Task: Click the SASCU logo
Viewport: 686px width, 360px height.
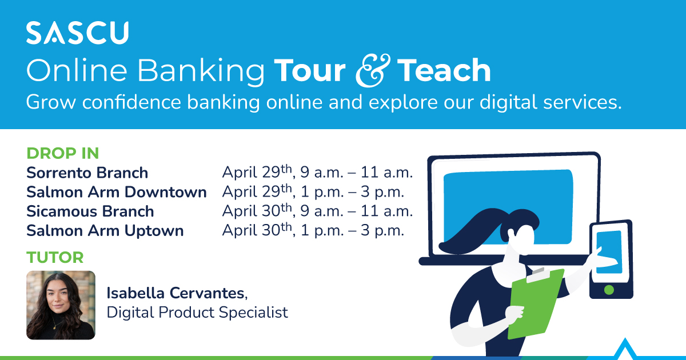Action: pos(77,34)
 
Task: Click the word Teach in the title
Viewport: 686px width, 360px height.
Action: pos(444,71)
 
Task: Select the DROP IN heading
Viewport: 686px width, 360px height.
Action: pos(63,153)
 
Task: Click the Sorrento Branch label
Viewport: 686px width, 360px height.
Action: pos(87,173)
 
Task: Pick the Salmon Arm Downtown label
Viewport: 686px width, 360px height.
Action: pos(116,192)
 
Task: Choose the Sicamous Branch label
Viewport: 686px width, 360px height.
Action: pos(90,211)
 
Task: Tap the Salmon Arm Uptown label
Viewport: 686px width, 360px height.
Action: pos(105,231)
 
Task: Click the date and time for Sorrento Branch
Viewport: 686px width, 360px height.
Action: pos(317,173)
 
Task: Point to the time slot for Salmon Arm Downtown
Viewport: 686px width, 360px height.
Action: pos(313,192)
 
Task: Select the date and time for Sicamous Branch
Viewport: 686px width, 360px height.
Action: pos(317,211)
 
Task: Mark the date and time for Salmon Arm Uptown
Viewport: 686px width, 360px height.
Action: pos(313,231)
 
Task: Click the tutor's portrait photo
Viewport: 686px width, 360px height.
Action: pos(61,305)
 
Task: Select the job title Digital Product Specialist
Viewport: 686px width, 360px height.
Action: pos(197,313)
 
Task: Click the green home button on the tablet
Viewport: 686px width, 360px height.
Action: pos(609,290)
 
